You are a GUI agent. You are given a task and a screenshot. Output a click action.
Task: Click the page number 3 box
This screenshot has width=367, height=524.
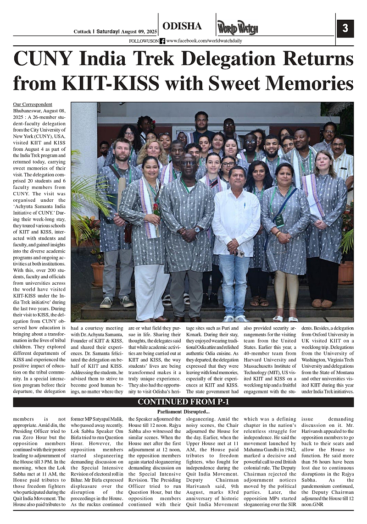point(345,29)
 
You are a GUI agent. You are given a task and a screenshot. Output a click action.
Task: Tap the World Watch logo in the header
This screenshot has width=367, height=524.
point(237,28)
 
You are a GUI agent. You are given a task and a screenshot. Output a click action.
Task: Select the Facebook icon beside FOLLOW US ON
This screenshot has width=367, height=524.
point(162,41)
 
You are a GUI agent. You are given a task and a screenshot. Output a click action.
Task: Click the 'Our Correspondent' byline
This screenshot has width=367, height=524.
point(33,105)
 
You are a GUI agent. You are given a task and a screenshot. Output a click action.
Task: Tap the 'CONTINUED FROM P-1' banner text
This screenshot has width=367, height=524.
point(183,403)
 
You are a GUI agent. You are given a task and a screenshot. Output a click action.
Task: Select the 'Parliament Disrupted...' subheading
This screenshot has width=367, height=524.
point(183,411)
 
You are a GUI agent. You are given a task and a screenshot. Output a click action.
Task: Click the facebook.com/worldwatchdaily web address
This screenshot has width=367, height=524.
point(204,41)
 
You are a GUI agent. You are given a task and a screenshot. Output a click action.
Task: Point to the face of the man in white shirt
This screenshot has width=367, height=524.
point(237,176)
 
